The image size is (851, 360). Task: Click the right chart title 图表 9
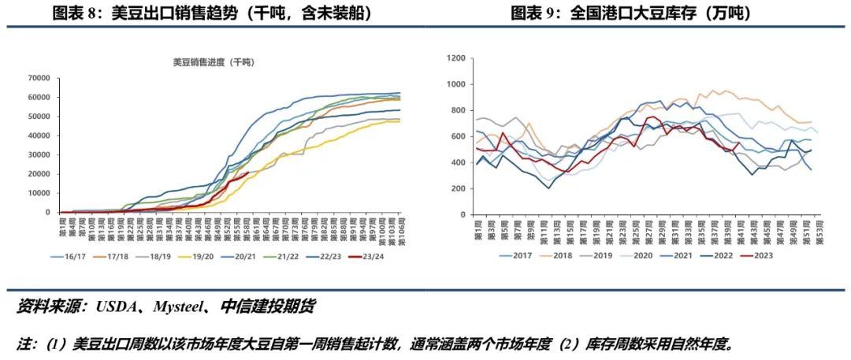tap(630, 13)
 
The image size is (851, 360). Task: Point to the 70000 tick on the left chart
tap(39, 78)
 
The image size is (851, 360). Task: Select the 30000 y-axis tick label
tap(39, 155)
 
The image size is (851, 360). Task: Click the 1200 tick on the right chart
tap(458, 58)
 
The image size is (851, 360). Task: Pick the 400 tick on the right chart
tap(460, 162)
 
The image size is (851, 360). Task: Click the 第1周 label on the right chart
tap(476, 228)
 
